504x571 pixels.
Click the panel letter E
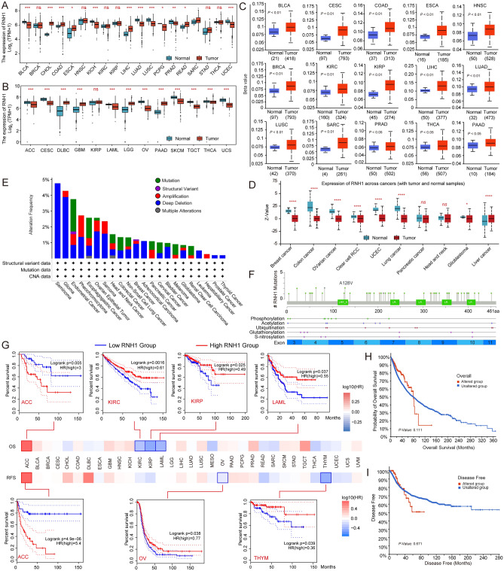pyautogui.click(x=5, y=180)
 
